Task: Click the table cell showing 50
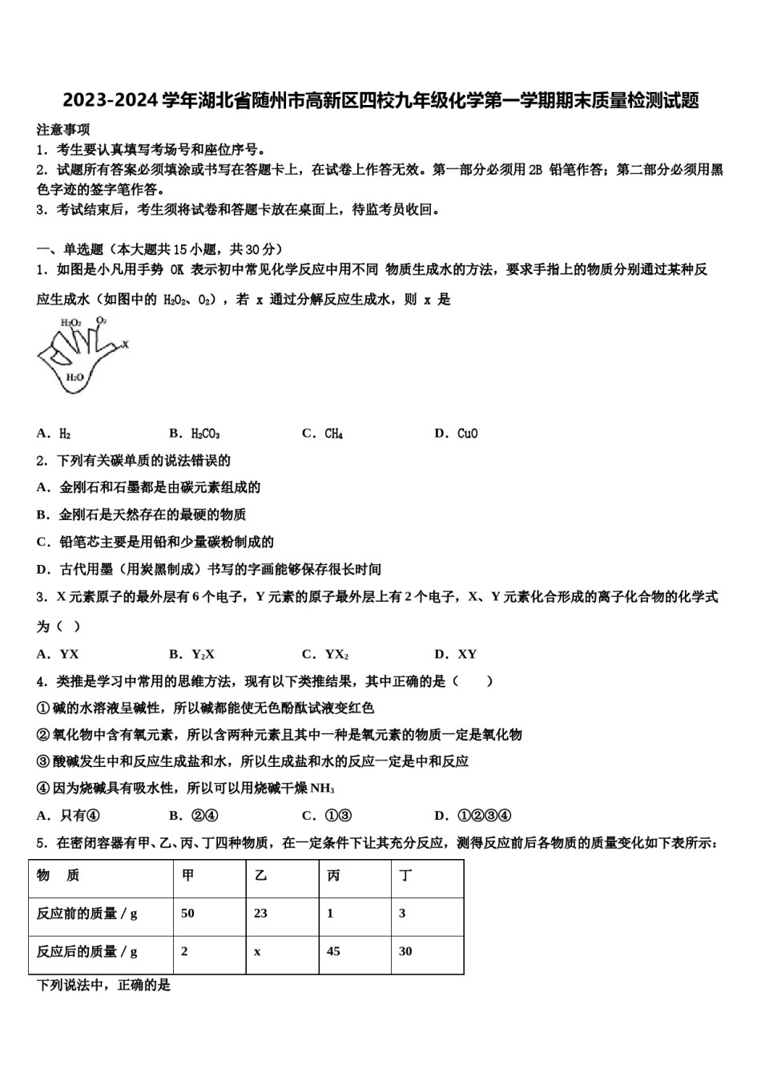pos(188,914)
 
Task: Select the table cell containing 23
pos(260,914)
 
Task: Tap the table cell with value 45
pos(333,951)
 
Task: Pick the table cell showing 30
pos(405,951)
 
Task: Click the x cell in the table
pos(257,951)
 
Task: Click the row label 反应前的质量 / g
pos(87,914)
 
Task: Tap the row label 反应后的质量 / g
pos(87,951)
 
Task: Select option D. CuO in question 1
pos(456,434)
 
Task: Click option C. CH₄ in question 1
pos(323,434)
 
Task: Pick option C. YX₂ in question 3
pos(325,654)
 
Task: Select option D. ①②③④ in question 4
pos(473,816)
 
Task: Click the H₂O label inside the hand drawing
pos(74,377)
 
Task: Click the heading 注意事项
pos(63,130)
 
